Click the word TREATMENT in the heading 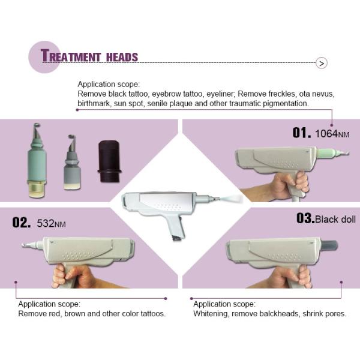tap(71, 56)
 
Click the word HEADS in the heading tap(122, 58)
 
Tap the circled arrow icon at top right tap(322, 63)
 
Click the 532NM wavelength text tap(52, 224)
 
